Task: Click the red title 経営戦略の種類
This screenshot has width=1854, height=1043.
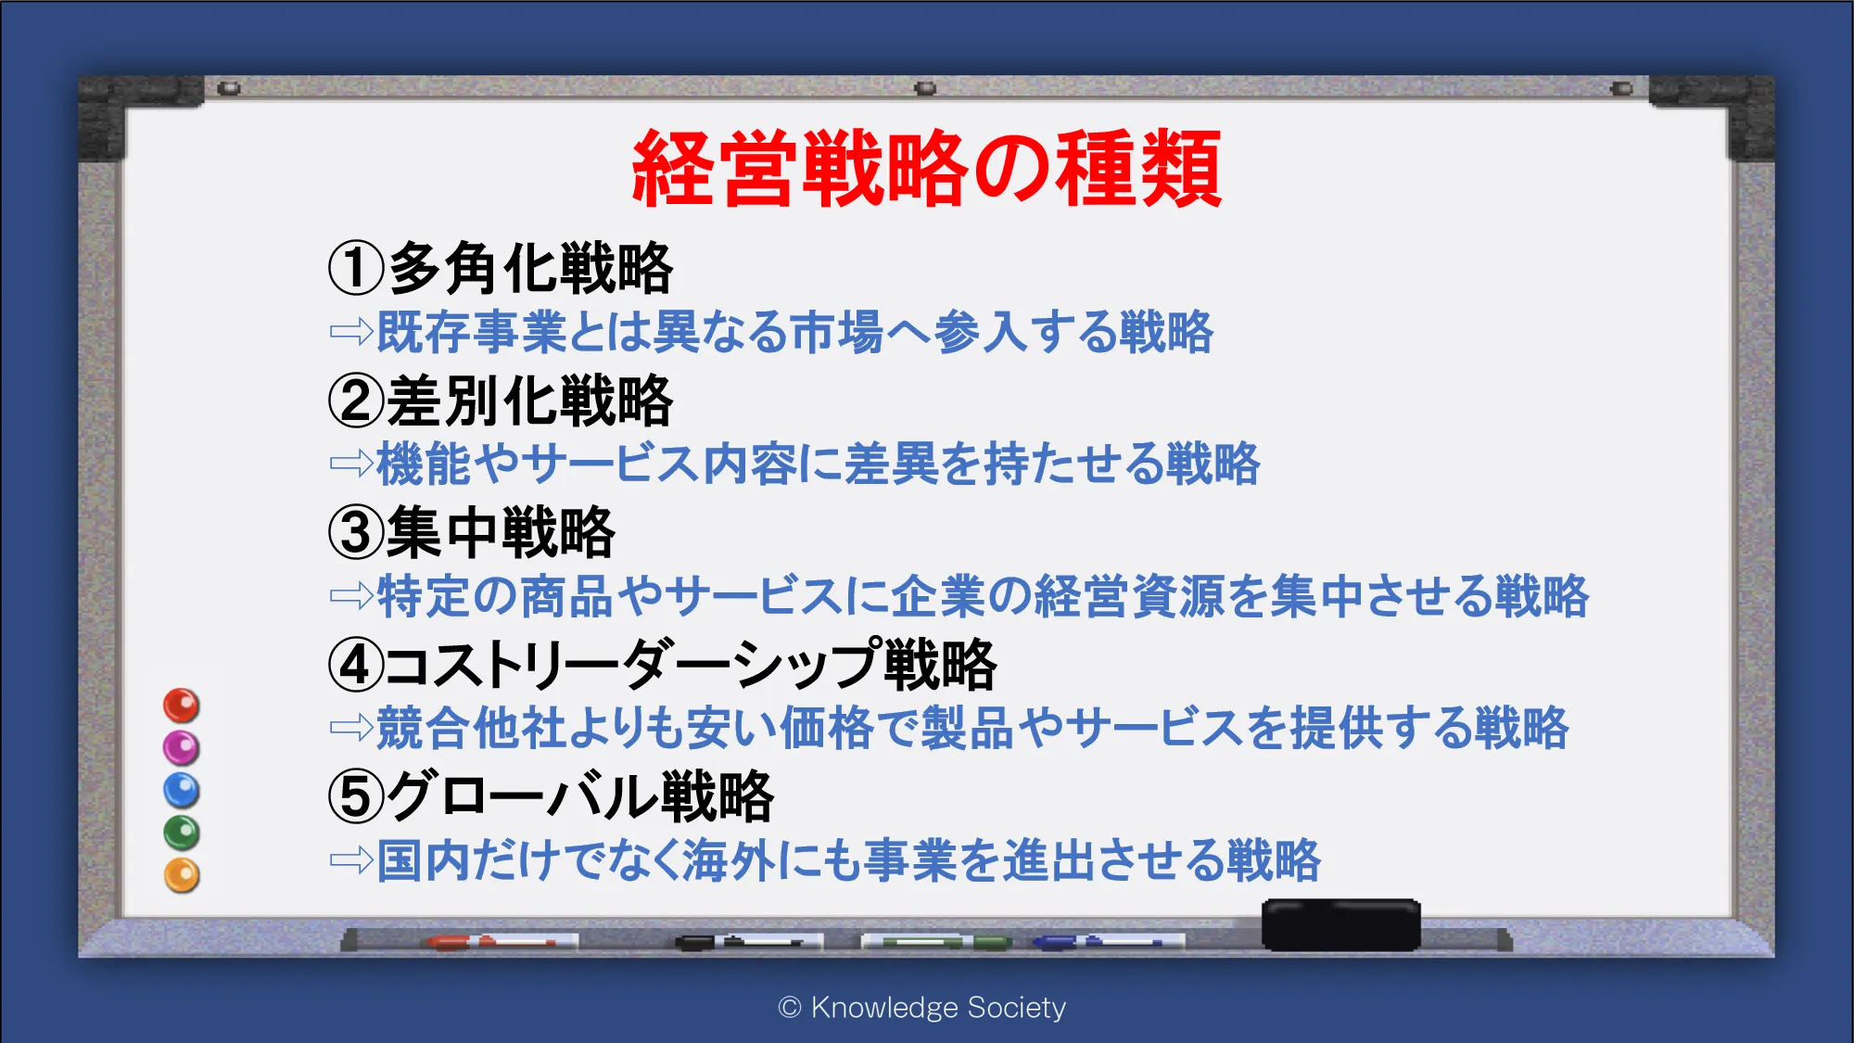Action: tap(926, 168)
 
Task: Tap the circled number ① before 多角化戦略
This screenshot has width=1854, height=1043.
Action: tap(356, 268)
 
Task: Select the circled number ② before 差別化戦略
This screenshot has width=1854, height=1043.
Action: tap(356, 401)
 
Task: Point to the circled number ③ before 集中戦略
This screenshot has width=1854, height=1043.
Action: tap(356, 533)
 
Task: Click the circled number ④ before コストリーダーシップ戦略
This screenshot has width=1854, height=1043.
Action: tap(356, 665)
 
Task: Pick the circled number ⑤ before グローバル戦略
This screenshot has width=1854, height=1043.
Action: tap(356, 797)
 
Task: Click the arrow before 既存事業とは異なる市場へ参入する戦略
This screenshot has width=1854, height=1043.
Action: tap(352, 331)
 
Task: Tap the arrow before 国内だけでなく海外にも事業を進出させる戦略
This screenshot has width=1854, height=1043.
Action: tap(352, 860)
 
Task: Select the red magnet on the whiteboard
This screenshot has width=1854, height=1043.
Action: tap(182, 706)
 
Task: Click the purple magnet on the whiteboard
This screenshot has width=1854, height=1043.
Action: tap(182, 747)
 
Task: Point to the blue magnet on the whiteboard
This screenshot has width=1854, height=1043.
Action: tap(182, 790)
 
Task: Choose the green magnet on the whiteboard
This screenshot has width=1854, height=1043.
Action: tap(182, 833)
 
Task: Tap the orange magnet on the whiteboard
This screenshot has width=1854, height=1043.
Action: tap(182, 875)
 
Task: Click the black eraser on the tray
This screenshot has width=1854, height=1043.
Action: tap(1341, 924)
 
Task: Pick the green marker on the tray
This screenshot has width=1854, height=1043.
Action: tap(936, 942)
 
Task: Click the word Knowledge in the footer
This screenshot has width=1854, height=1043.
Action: tap(884, 1008)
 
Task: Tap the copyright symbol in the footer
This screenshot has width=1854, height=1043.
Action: tap(790, 1008)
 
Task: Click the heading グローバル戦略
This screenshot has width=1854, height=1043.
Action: tap(580, 797)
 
